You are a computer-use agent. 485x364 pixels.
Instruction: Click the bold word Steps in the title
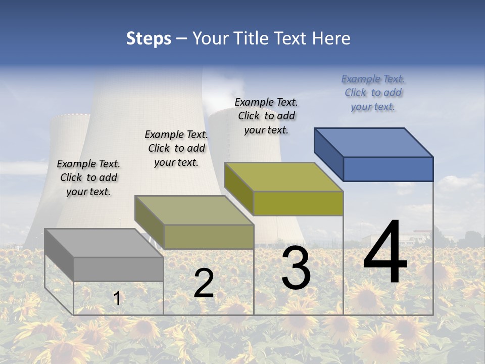[149, 38]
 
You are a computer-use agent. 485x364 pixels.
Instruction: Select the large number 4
[385, 253]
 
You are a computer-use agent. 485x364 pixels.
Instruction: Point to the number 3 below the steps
[296, 268]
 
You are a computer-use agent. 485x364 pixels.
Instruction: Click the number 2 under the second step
[204, 283]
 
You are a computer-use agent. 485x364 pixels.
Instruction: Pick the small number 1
[117, 299]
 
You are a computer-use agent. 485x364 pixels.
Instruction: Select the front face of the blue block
[388, 169]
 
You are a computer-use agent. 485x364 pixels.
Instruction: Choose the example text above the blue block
[373, 93]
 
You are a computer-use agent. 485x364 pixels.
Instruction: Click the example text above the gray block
[88, 177]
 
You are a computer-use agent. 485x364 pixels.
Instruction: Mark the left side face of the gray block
[59, 254]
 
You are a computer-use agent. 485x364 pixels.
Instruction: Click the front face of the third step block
[298, 203]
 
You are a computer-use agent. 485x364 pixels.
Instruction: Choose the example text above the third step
[266, 116]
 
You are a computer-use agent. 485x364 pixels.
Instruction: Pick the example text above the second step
[176, 148]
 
